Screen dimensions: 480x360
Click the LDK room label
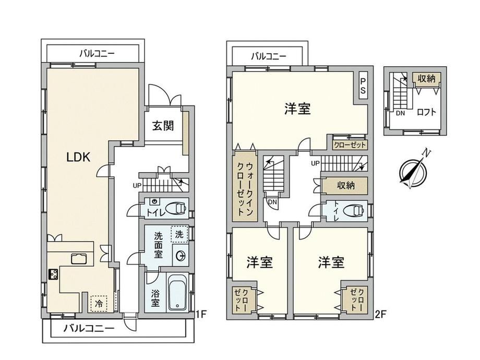(78, 158)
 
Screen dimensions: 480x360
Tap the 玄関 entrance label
(163, 126)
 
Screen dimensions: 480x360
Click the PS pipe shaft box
(363, 86)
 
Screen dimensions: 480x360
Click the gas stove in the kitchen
(53, 274)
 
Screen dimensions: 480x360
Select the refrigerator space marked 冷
(99, 304)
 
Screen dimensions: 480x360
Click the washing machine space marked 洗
(179, 234)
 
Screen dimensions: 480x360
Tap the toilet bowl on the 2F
(353, 211)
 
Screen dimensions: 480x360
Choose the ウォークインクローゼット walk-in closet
(245, 186)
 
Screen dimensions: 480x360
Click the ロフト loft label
(426, 112)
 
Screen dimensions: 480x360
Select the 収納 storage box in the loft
(426, 79)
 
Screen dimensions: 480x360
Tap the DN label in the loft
(400, 113)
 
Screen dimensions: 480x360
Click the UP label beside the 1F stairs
(137, 185)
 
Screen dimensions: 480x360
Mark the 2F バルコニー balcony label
(269, 56)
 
